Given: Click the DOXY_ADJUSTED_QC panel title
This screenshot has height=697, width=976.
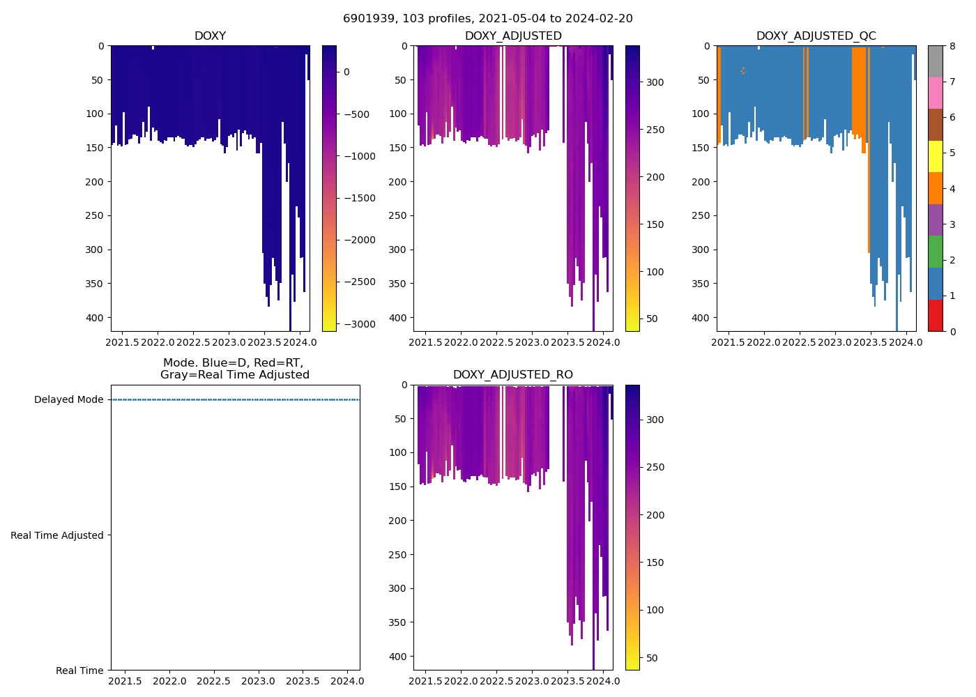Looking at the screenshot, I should coord(816,36).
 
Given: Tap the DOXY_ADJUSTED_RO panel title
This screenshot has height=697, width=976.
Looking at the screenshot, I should coord(512,375).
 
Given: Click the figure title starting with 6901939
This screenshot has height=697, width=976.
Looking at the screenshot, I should coord(487,19).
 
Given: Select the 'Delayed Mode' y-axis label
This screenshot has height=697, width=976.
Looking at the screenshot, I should coord(68,400).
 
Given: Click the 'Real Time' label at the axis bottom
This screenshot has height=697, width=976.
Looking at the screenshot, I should coord(79,671).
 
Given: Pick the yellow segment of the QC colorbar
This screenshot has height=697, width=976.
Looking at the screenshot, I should coord(935,157).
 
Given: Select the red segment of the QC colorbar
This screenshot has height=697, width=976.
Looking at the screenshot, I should coord(935,315).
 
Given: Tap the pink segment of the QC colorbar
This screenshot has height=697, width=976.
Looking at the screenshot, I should coord(935,93).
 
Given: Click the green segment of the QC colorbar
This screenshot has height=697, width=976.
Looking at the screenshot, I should coord(935,252).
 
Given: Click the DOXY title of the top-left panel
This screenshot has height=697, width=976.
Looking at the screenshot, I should coord(210,36).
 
